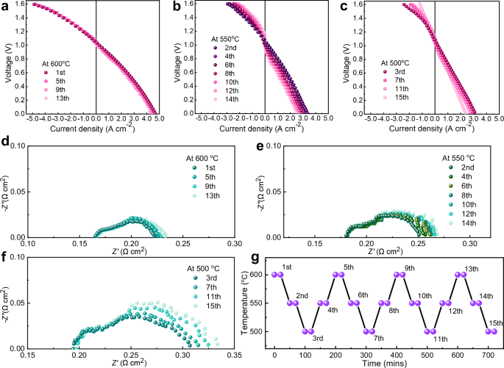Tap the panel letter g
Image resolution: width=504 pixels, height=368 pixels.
[254, 259]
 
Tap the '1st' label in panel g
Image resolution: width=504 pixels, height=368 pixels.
[288, 266]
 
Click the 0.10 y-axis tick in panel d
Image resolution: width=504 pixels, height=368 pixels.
[16, 146]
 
